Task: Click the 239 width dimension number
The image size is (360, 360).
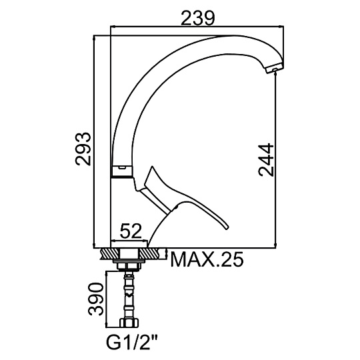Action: (x=198, y=18)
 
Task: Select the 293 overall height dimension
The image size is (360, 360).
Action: (x=83, y=149)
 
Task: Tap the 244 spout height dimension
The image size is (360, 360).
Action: (x=266, y=160)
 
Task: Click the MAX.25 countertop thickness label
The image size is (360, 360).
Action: (x=207, y=259)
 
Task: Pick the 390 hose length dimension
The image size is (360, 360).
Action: (x=96, y=299)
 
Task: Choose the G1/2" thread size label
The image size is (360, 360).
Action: (x=132, y=343)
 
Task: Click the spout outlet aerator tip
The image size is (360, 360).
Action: (x=275, y=69)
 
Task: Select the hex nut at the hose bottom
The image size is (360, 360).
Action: (x=129, y=323)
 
